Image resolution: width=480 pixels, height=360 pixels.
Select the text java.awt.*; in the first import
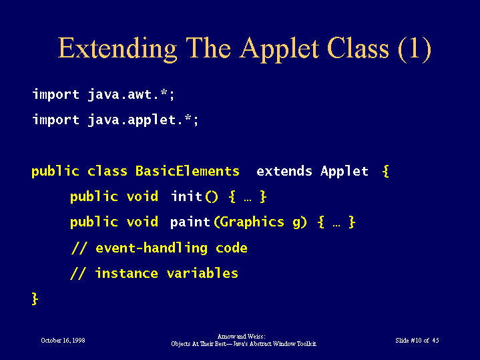click(131, 94)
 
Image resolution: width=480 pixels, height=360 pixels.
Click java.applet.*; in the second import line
click(144, 120)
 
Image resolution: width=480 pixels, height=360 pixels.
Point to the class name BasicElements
click(188, 171)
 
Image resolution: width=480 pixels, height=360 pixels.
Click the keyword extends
click(284, 171)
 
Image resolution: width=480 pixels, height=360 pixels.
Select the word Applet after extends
click(344, 171)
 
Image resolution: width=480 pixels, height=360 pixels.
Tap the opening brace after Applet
click(386, 171)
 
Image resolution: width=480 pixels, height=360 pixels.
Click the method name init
click(186, 196)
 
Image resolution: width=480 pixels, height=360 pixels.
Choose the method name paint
click(190, 222)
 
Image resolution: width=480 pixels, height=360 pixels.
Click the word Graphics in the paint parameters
click(252, 222)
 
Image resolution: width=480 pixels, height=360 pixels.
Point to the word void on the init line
click(142, 196)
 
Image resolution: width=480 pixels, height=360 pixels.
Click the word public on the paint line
click(94, 222)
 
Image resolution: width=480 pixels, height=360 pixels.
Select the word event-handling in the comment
click(152, 248)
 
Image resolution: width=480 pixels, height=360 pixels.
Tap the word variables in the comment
click(203, 273)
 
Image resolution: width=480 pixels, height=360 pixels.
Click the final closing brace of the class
click(35, 299)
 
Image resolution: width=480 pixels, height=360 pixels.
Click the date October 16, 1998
click(63, 341)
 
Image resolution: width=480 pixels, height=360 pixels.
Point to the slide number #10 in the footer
click(416, 341)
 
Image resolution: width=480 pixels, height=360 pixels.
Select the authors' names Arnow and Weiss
click(241, 337)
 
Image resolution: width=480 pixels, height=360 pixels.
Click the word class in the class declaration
click(107, 171)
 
